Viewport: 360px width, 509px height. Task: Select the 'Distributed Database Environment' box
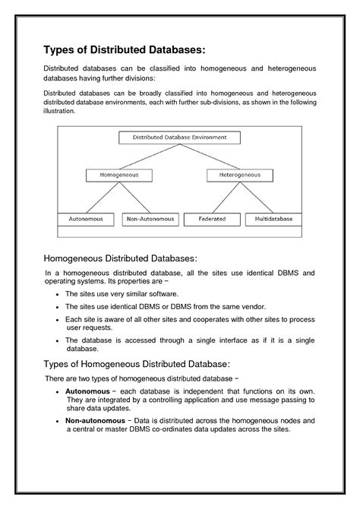point(179,138)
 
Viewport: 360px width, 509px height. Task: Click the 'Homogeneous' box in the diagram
point(118,175)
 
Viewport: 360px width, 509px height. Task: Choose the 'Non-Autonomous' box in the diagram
point(150,219)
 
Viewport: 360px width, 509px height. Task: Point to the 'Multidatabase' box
point(274,219)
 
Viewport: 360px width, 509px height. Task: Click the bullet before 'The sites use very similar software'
point(58,293)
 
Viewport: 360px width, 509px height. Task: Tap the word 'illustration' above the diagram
point(61,111)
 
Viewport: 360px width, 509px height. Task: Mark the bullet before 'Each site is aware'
point(58,319)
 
